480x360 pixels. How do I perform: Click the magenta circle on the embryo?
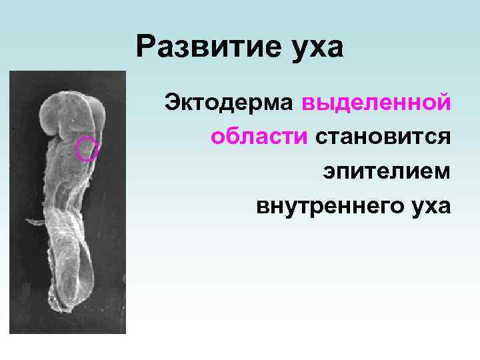tap(87, 149)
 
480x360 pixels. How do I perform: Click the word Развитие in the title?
tap(194, 48)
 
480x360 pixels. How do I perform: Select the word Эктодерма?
tap(228, 105)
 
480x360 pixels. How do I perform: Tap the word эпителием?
tap(387, 171)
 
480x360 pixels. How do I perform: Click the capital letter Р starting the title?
tap(145, 48)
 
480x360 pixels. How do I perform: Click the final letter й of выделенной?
tap(444, 105)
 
